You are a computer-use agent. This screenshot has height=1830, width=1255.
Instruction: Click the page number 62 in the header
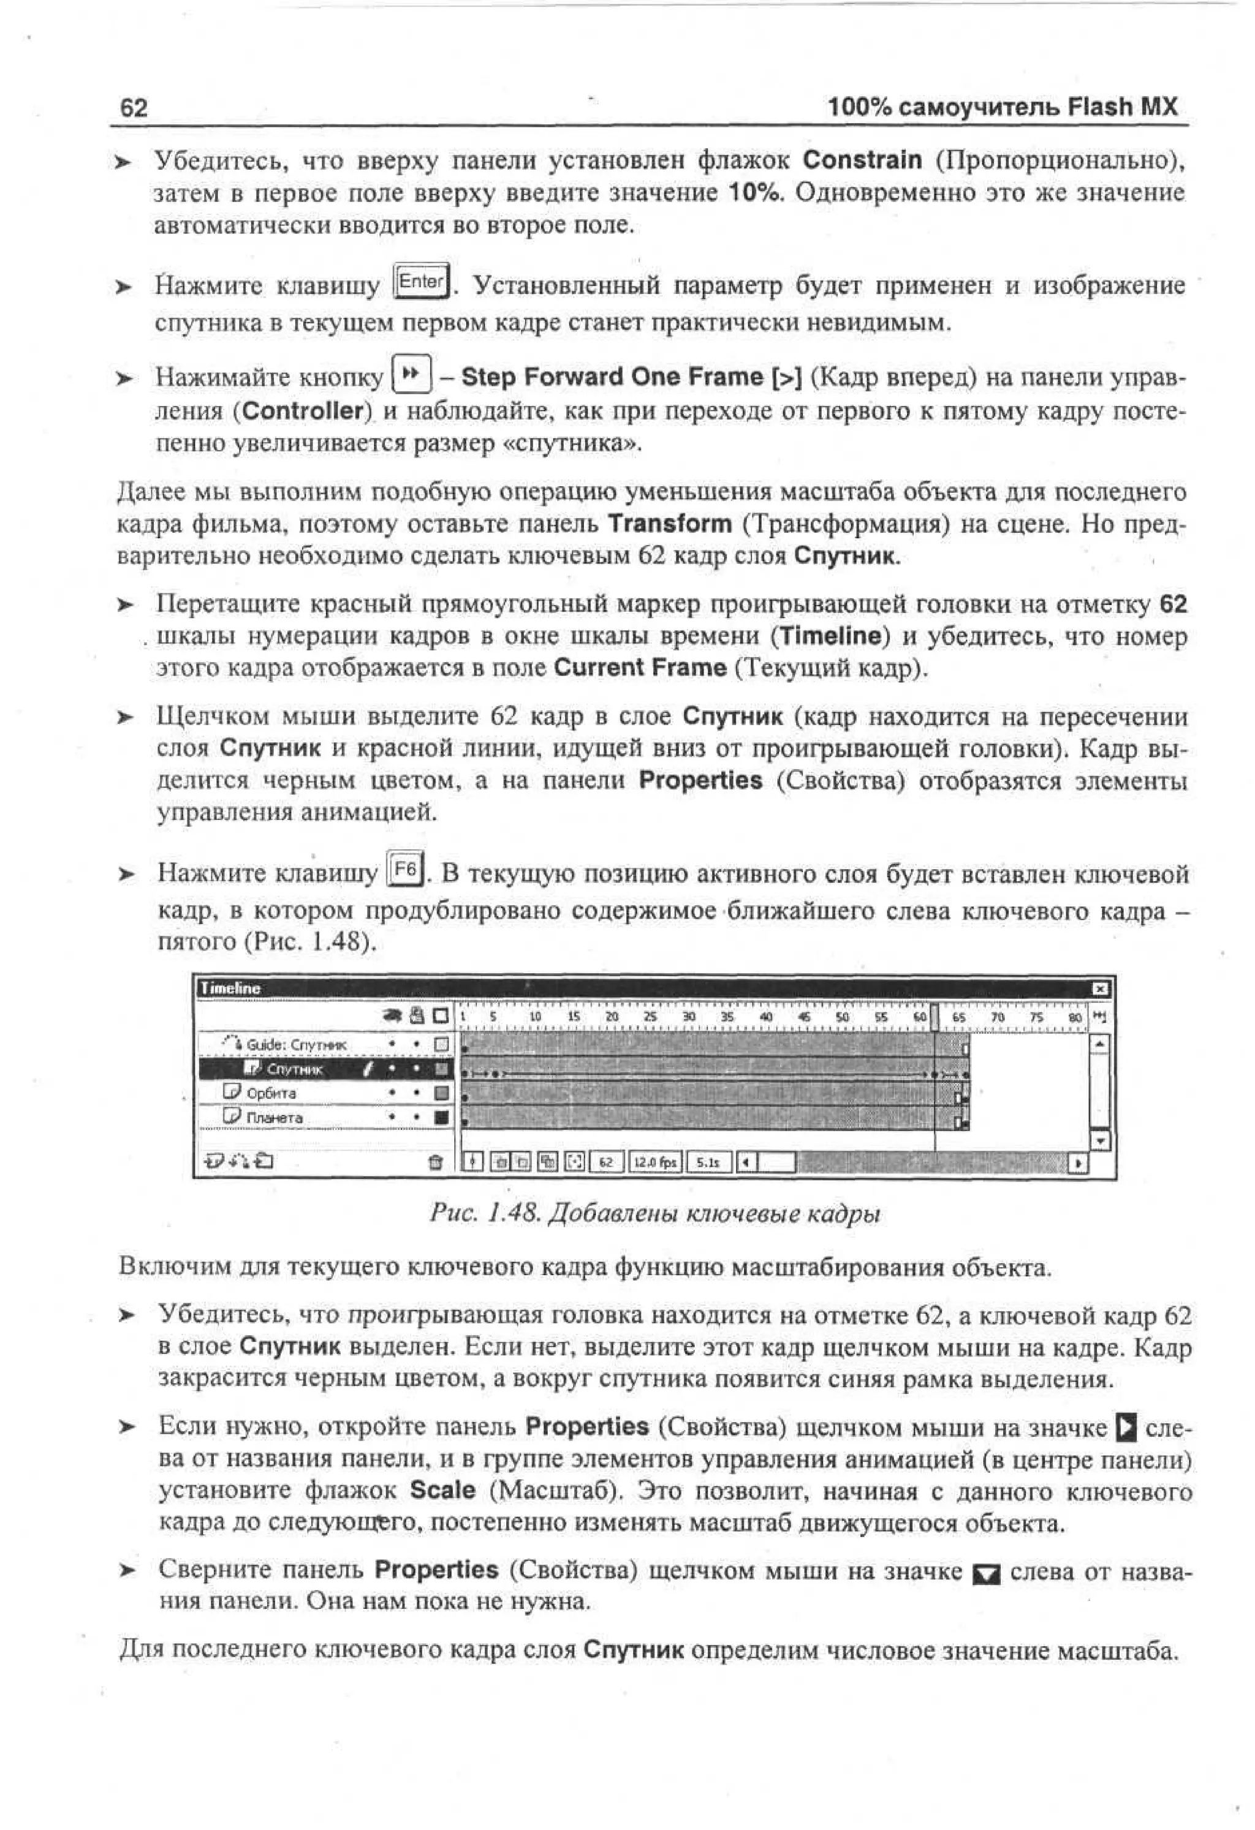tap(133, 108)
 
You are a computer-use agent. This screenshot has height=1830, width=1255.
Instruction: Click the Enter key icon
tap(422, 281)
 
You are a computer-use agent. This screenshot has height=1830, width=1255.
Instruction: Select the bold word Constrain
tap(862, 160)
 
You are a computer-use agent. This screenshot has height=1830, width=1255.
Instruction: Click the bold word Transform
tap(670, 524)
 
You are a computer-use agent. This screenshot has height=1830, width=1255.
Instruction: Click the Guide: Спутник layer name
tap(296, 1045)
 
